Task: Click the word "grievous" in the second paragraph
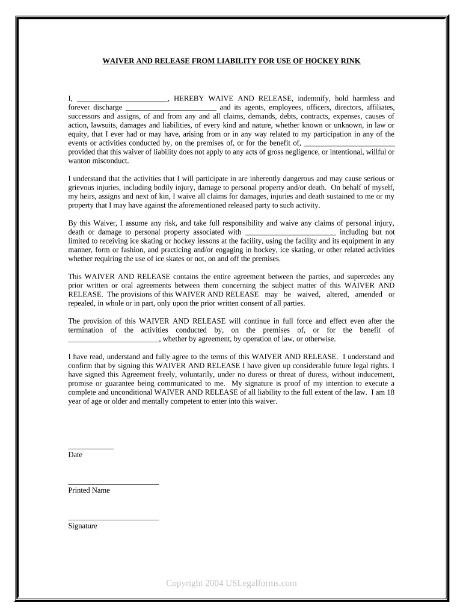(82, 187)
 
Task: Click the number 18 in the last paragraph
(390, 392)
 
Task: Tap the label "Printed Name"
(89, 490)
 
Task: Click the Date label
(76, 455)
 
